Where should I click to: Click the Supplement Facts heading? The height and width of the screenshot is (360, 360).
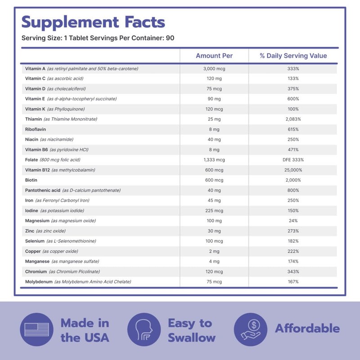pos(93,22)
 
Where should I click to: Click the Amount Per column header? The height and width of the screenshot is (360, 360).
pos(214,56)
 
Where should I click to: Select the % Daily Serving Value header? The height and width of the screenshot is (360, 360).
pos(293,56)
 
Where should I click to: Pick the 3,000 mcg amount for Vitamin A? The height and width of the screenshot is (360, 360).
pos(214,68)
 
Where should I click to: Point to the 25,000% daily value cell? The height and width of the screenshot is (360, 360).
pos(293,170)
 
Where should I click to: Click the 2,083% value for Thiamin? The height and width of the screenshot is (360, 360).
pos(293,119)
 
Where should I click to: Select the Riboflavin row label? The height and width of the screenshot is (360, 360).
pos(36,129)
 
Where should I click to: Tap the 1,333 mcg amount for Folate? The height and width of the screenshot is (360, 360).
pos(214,160)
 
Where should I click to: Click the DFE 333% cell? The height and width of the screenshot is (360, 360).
pos(293,160)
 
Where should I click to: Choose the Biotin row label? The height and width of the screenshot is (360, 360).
pos(32,180)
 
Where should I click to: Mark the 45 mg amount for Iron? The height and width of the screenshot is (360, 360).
pos(214,200)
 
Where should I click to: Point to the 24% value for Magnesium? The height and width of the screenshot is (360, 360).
pos(293,220)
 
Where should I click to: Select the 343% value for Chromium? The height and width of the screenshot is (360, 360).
pos(293,271)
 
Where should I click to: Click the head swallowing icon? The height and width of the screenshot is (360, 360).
pos(144,330)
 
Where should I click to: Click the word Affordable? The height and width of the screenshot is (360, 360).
pos(307,328)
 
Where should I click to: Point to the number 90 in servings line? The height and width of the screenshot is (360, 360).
pos(170,38)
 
